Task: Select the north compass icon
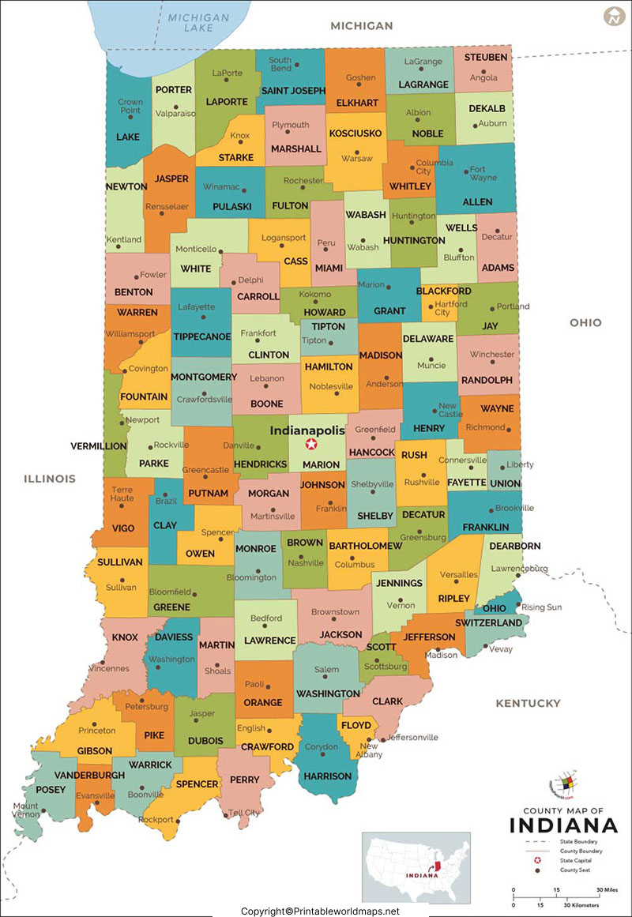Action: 612,16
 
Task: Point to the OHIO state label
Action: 585,322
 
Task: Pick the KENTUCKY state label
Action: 528,703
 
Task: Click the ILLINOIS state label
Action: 50,479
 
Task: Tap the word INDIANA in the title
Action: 563,825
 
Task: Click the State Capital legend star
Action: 538,860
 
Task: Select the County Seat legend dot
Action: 538,870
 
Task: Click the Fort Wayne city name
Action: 483,173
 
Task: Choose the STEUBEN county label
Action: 486,58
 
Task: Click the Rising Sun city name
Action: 542,607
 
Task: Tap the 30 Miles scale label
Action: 608,889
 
